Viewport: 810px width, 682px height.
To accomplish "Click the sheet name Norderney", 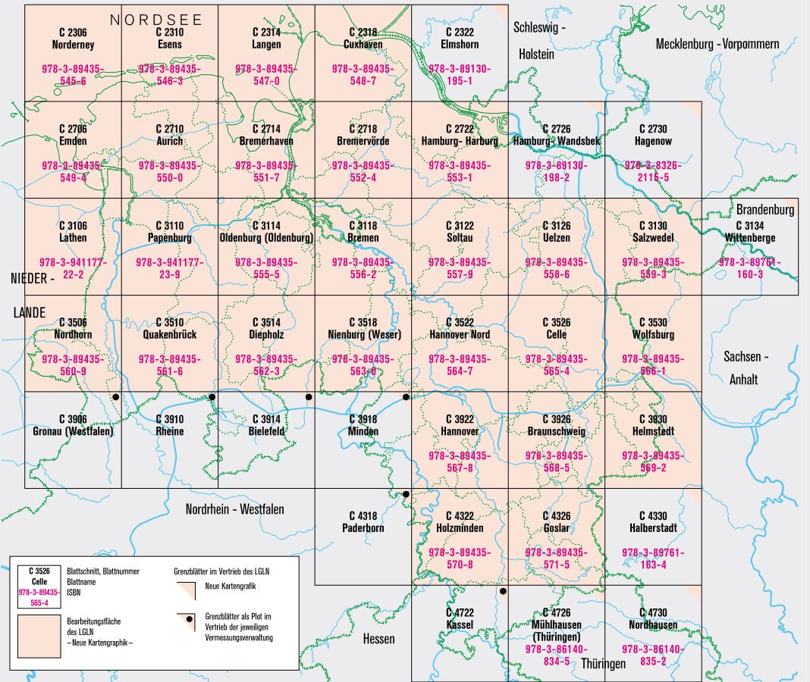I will [x=73, y=45].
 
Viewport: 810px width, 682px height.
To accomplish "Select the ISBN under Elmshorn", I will [x=460, y=74].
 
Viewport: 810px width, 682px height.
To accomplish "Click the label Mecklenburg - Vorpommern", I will [x=717, y=44].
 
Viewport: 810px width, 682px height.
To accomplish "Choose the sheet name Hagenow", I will [x=653, y=141].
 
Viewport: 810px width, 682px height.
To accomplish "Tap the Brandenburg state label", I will [x=764, y=209].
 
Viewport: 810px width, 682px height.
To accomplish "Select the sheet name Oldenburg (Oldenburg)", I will [x=266, y=238].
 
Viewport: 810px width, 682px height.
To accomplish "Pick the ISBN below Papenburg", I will [x=169, y=268].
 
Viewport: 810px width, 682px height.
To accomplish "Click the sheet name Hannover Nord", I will [x=460, y=334].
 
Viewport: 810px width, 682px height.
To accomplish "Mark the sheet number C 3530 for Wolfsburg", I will [x=653, y=322].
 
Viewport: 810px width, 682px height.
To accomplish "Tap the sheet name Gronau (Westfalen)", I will [x=73, y=431].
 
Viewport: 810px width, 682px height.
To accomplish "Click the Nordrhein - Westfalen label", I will [x=234, y=509].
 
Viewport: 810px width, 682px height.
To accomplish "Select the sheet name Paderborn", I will [x=363, y=527].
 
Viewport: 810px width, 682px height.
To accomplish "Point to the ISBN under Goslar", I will [x=556, y=558].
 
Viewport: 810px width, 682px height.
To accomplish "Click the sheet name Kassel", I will [x=460, y=624].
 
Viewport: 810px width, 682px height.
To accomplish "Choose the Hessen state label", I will [x=378, y=639].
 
